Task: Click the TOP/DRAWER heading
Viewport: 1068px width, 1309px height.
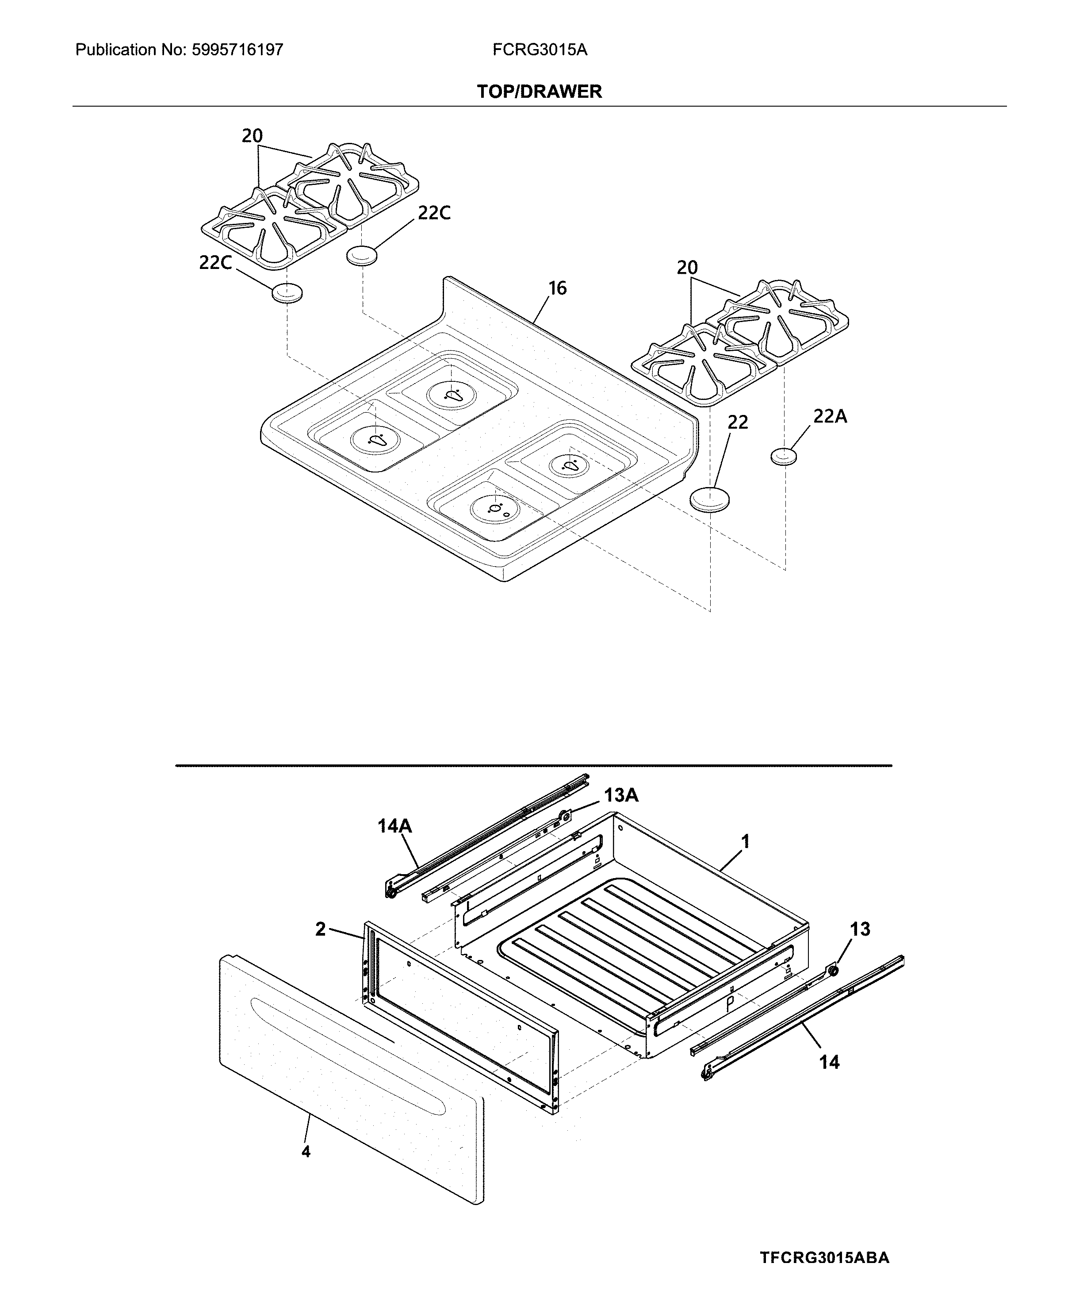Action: (539, 92)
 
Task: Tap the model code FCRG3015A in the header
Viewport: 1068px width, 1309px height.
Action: (540, 50)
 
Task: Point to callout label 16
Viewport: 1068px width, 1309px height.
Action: (557, 288)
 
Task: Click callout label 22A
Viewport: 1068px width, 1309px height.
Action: (830, 417)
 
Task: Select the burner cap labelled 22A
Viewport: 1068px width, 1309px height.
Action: (784, 457)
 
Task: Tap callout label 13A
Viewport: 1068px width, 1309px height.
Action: (621, 796)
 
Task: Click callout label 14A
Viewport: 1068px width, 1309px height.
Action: (394, 826)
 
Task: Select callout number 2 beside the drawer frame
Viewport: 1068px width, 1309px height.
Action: (321, 929)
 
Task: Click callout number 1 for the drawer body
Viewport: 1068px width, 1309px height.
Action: (745, 841)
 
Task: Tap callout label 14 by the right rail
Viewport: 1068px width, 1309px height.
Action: (829, 1062)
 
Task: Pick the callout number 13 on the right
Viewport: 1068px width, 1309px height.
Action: (860, 929)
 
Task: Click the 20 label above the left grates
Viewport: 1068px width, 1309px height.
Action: (252, 136)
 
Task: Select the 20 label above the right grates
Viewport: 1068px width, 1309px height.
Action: (687, 268)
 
